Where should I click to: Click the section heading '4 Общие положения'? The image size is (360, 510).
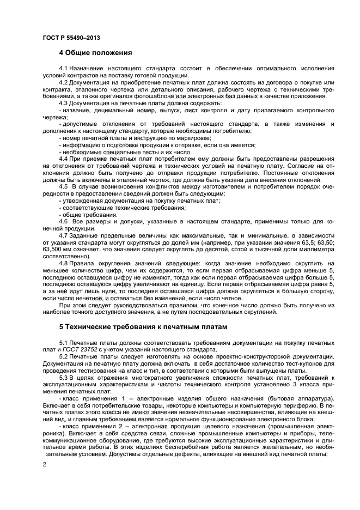point(95,53)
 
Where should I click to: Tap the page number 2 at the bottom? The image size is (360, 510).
point(44,464)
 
